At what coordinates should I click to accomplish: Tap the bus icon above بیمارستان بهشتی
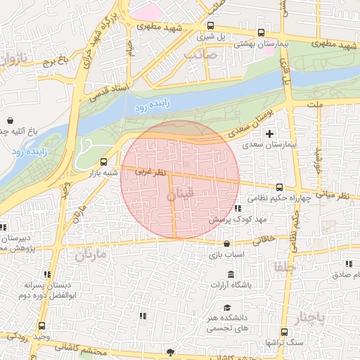click(262, 32)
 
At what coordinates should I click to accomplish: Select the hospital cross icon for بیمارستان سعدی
click(270, 134)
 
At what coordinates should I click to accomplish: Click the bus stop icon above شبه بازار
click(104, 160)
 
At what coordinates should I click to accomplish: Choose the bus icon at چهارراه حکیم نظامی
click(279, 188)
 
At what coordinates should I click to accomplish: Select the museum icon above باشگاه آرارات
click(231, 274)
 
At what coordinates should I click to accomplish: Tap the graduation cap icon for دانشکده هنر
click(227, 307)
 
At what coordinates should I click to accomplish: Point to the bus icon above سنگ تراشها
click(283, 331)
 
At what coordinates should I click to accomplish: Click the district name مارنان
click(89, 253)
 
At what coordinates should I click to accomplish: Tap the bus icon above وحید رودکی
click(41, 326)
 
